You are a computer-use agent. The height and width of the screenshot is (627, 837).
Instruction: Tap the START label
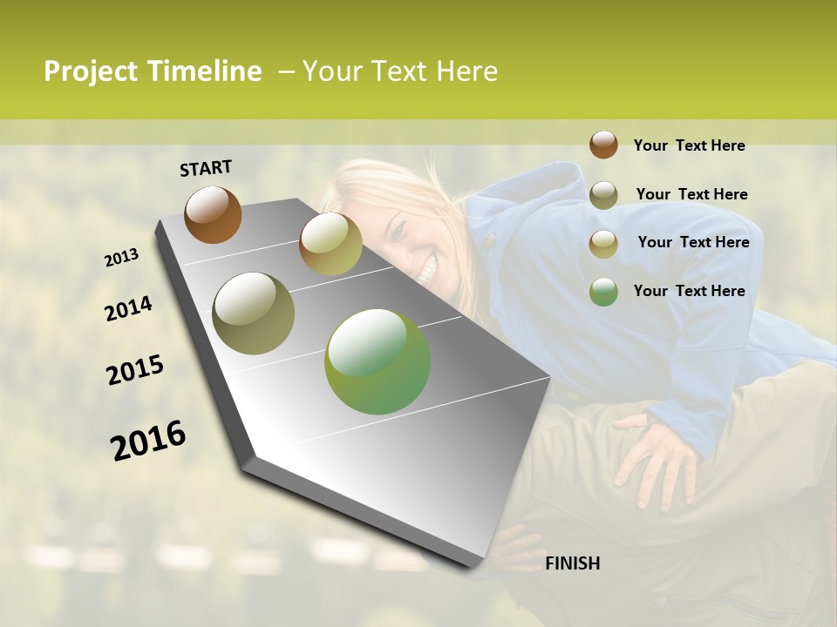point(206,168)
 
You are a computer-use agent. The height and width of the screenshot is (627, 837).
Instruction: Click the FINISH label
point(572,563)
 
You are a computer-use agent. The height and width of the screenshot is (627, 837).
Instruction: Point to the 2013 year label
point(121,258)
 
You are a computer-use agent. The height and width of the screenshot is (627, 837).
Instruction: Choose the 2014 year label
point(128,308)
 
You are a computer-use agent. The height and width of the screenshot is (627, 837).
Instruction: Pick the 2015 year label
point(135,370)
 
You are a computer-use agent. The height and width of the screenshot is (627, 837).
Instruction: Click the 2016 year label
point(148,441)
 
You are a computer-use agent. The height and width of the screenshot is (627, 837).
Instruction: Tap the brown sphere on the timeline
point(213,214)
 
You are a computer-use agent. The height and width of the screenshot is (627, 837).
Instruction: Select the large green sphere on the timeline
point(378,361)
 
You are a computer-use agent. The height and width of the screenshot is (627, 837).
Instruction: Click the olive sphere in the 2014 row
point(253,313)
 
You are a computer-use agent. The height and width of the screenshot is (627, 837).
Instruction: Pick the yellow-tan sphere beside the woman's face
point(330,244)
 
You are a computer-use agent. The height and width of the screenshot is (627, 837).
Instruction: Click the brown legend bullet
point(603,145)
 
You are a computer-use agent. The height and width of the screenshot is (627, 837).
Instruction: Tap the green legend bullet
point(603,292)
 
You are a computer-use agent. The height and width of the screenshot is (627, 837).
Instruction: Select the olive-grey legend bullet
point(603,195)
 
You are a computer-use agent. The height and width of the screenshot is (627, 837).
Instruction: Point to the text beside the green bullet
point(689,291)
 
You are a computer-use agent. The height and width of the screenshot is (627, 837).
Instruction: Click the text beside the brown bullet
point(689,145)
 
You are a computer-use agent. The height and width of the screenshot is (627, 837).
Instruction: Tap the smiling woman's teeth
point(426,272)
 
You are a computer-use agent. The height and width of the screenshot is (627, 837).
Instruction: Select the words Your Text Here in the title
point(399,71)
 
